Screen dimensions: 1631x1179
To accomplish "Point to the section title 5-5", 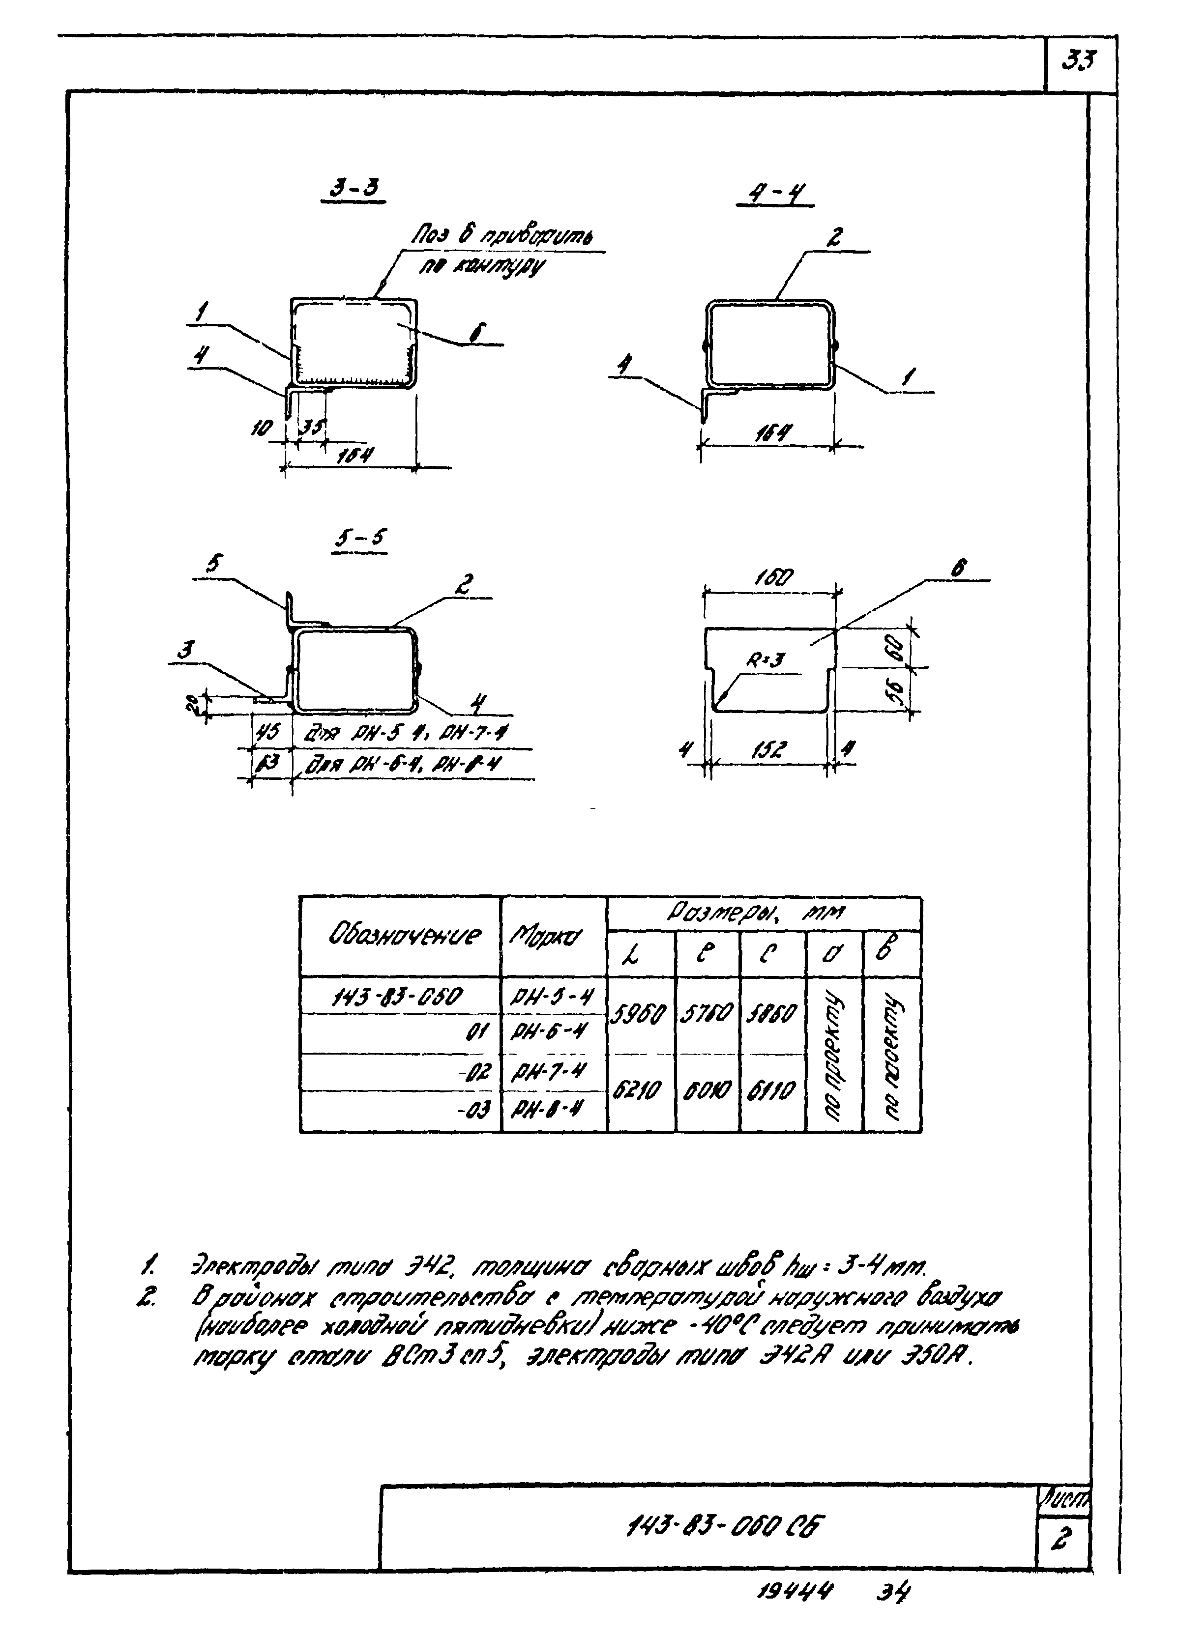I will tap(360, 539).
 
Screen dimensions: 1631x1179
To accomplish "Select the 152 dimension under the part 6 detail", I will tap(770, 752).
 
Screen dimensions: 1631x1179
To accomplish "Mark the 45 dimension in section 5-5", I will tap(270, 733).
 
